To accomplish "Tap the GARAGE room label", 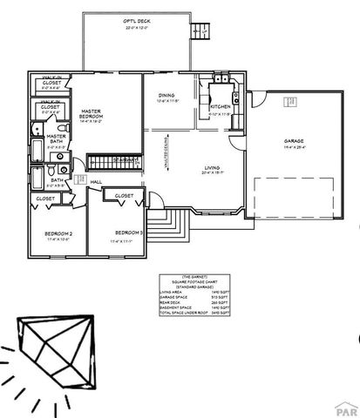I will (x=293, y=141).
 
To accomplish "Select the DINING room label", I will (x=166, y=97).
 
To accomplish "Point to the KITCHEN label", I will (x=221, y=107).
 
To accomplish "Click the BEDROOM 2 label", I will (x=58, y=235).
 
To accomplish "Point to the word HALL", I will (x=97, y=181).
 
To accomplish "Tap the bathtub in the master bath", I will (x=33, y=153).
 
